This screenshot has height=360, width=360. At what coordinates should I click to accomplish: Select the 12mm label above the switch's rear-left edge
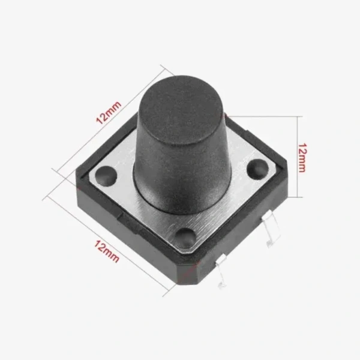pos(109,112)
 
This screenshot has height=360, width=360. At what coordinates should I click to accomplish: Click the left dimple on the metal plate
pos(106,175)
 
